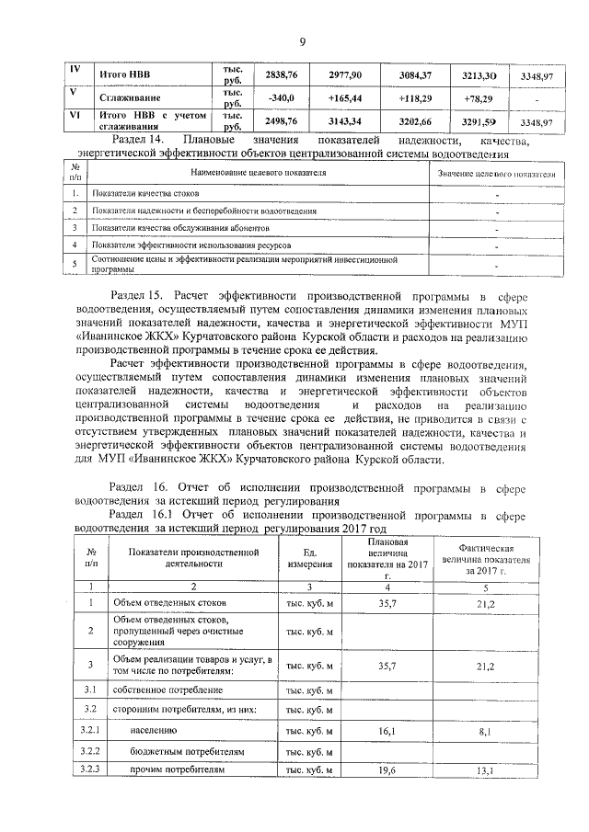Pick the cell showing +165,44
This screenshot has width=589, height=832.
coord(342,97)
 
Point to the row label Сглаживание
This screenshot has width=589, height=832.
coord(132,97)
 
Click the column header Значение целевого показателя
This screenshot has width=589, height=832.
coord(496,174)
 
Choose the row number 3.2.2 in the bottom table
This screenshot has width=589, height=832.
coord(90,751)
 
